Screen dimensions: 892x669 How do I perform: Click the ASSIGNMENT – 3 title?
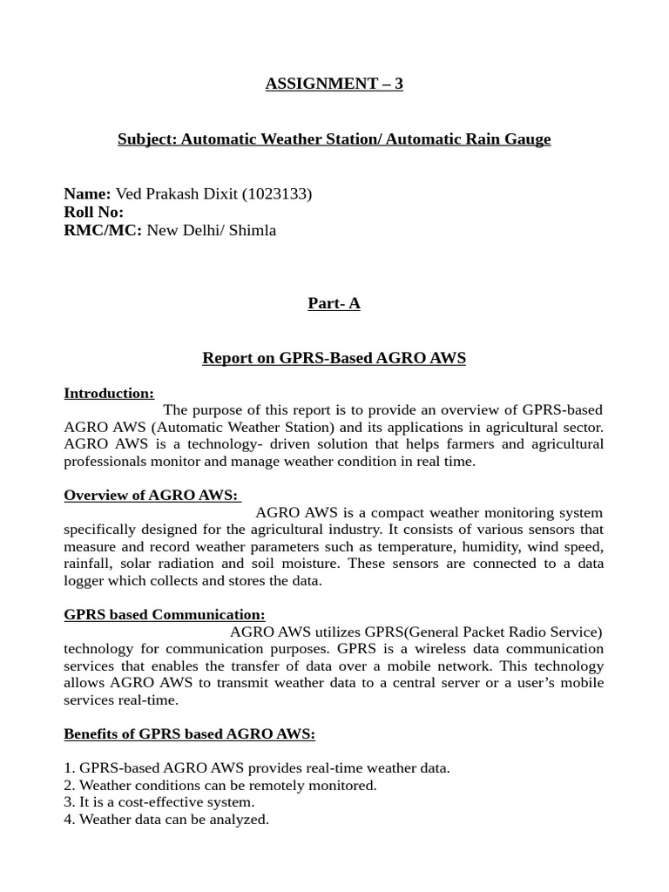[334, 84]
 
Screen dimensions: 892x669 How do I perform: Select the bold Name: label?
[87, 193]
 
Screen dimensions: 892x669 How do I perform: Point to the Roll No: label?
[93, 212]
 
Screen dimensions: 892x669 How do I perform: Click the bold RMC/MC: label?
[103, 230]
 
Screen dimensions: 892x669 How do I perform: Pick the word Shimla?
[253, 230]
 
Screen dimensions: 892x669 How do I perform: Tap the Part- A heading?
[334, 303]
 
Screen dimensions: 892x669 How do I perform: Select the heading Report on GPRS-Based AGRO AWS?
[334, 358]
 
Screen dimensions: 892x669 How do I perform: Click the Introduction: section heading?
[109, 393]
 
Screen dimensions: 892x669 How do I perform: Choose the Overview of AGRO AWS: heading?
[152, 495]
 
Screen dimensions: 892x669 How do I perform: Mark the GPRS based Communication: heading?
[165, 614]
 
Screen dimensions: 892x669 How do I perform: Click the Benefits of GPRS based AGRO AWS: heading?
[189, 733]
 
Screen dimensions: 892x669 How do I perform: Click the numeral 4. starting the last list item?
[70, 819]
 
